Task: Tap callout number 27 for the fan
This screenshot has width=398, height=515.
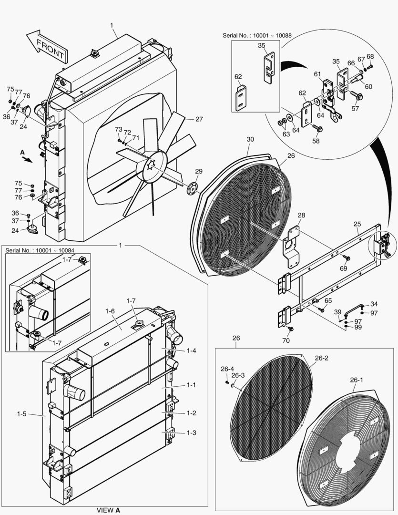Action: [x=199, y=119]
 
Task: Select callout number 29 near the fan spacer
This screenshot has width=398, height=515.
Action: [x=198, y=171]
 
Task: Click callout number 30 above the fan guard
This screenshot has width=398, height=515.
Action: [x=250, y=139]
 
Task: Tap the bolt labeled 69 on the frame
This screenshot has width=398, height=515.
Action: [x=347, y=258]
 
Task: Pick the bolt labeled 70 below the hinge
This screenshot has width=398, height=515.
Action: [x=291, y=329]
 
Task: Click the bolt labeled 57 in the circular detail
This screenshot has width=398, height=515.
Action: [x=357, y=97]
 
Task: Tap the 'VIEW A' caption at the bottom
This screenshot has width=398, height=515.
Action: [x=109, y=510]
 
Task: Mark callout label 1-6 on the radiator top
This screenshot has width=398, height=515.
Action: [x=110, y=311]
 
